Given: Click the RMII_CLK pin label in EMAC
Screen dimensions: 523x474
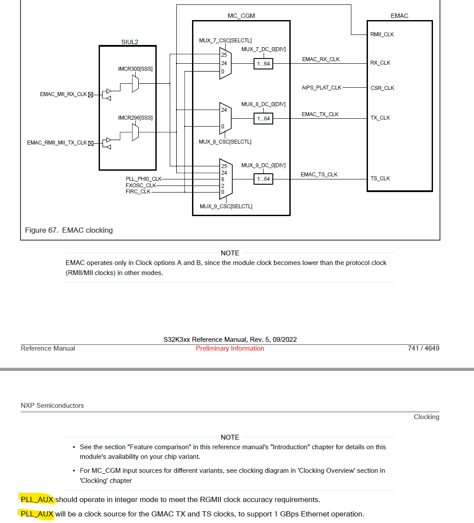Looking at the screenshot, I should pos(382,34).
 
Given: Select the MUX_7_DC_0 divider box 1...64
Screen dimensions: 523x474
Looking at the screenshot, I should pos(263,64).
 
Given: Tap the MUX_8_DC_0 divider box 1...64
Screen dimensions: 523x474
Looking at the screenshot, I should pos(263,119).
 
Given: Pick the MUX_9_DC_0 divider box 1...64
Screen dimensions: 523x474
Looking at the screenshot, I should pos(263,179).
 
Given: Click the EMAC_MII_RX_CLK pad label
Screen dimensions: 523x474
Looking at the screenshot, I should pos(63,94).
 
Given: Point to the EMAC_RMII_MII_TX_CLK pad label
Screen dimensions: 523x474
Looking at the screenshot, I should pos(57,143).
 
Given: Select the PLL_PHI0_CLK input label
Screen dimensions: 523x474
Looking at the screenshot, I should pos(144,179).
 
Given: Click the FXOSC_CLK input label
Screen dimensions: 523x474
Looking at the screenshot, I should pos(141,186).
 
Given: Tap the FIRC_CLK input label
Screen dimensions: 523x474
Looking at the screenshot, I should pos(138,192).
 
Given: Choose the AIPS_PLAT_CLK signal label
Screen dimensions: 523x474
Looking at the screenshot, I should pos(321,88).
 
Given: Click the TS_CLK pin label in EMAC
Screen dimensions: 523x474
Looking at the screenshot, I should pos(380,179).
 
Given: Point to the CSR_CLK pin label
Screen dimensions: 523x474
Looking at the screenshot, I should pos(382,88).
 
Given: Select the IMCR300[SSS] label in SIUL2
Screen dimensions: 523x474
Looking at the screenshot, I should pos(135,69).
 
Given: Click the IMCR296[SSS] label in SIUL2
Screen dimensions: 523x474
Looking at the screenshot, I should pos(135,118).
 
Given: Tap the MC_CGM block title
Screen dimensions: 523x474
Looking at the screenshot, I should pos(241,16).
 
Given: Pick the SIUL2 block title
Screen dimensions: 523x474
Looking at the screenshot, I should pos(130,42).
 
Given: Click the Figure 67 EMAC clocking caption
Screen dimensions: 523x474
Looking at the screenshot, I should pos(69,230).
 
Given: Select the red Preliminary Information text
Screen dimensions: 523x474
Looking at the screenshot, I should pos(230,348).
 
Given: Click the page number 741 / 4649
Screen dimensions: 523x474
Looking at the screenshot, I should pos(423,348).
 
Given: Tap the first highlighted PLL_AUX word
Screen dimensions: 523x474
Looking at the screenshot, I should pos(37,499).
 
